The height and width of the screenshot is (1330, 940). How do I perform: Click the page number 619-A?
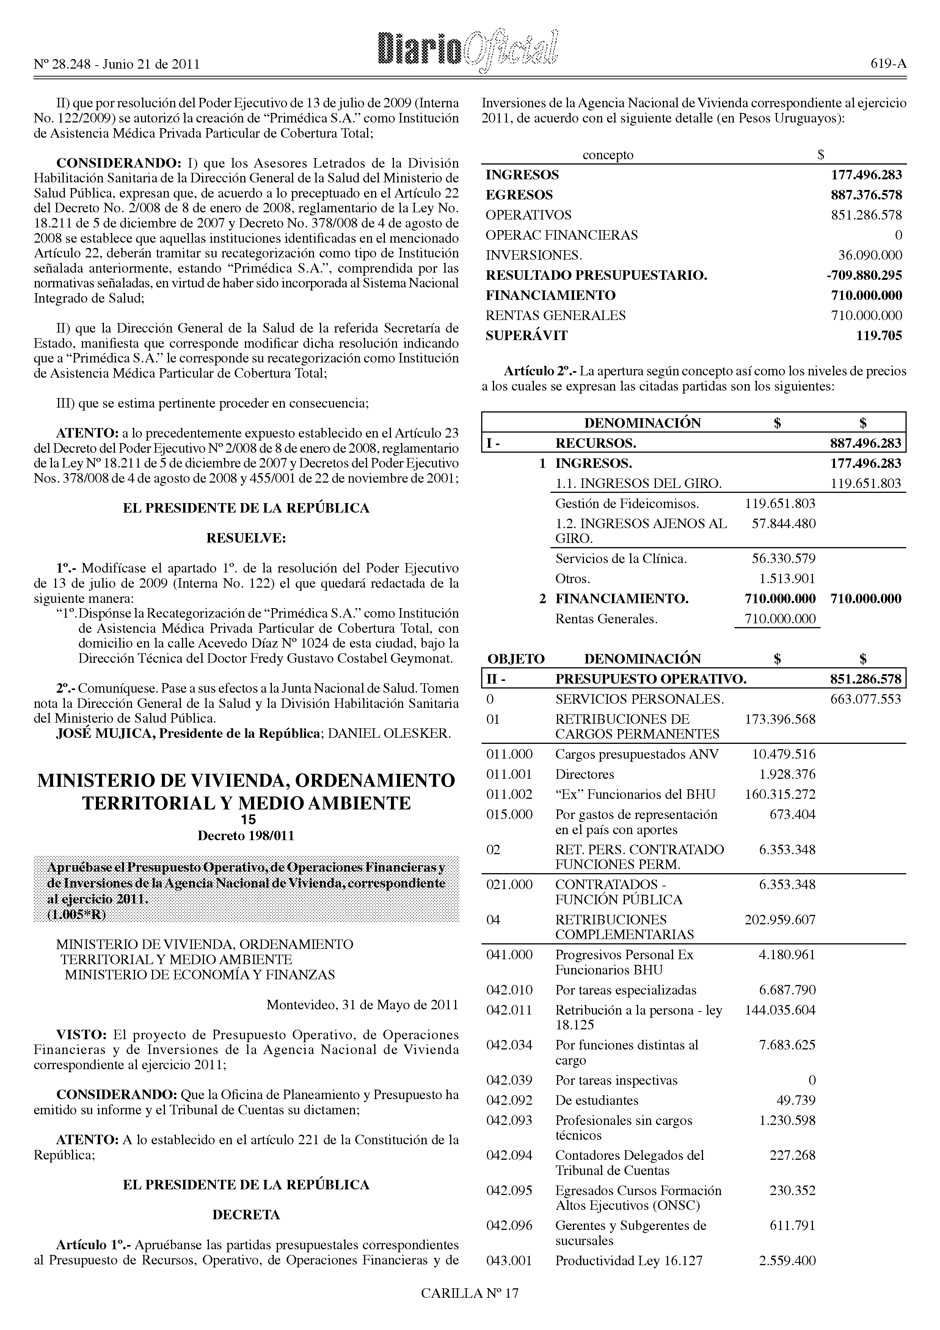pos(888,65)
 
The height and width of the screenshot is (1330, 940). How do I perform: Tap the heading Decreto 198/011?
pos(246,836)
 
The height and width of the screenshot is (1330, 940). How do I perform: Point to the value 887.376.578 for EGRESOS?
pos(866,195)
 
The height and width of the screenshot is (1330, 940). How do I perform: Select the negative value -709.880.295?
pos(864,276)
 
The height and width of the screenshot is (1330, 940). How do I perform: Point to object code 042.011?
pos(509,1010)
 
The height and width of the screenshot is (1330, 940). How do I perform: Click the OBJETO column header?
pos(515,659)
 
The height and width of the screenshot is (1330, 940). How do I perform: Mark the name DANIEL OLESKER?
pos(389,733)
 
